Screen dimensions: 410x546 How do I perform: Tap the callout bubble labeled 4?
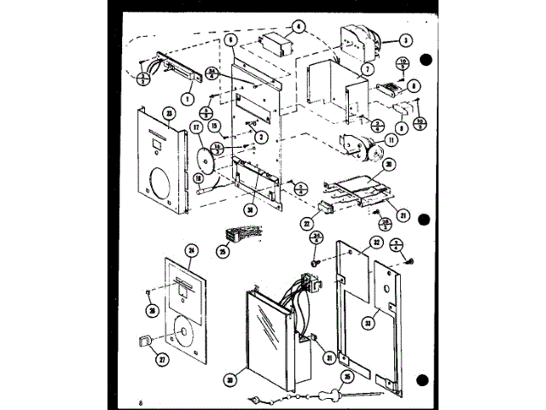point(299,26)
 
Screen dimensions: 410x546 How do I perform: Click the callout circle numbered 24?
point(192,250)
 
